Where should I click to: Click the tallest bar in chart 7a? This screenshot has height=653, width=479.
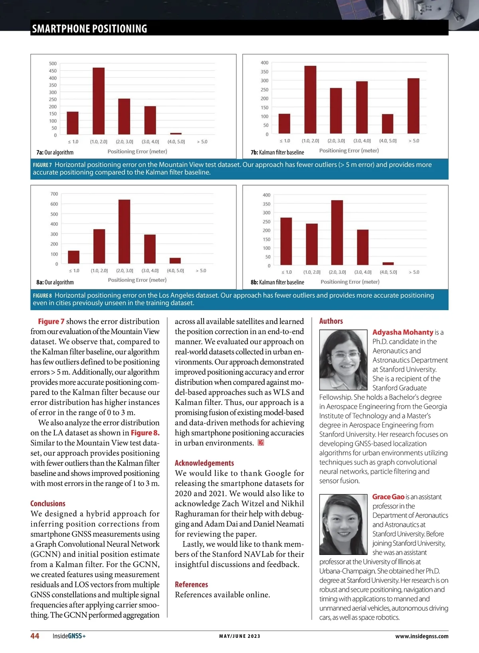99,101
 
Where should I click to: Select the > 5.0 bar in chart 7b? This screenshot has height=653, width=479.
413,106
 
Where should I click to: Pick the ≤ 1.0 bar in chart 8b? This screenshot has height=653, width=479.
286,241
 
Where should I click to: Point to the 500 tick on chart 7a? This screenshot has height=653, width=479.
53,64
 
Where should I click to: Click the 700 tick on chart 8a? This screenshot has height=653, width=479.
54,194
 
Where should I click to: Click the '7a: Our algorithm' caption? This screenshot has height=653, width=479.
55,152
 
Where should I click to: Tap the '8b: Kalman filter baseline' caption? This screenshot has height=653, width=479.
277,282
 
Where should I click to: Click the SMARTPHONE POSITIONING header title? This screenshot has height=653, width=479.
90,29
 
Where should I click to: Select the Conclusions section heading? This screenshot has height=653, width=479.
48,504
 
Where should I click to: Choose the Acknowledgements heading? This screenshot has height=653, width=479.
204,463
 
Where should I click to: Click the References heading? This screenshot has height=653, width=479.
191,584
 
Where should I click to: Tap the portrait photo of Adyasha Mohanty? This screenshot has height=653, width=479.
343,360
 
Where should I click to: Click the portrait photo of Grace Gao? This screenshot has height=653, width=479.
343,524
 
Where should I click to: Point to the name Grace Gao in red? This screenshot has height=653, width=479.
388,497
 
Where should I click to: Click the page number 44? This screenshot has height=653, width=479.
35,636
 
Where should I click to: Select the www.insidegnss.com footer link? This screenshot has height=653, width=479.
422,636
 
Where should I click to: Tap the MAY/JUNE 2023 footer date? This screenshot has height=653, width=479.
239,636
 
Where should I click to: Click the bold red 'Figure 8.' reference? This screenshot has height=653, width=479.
145,433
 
